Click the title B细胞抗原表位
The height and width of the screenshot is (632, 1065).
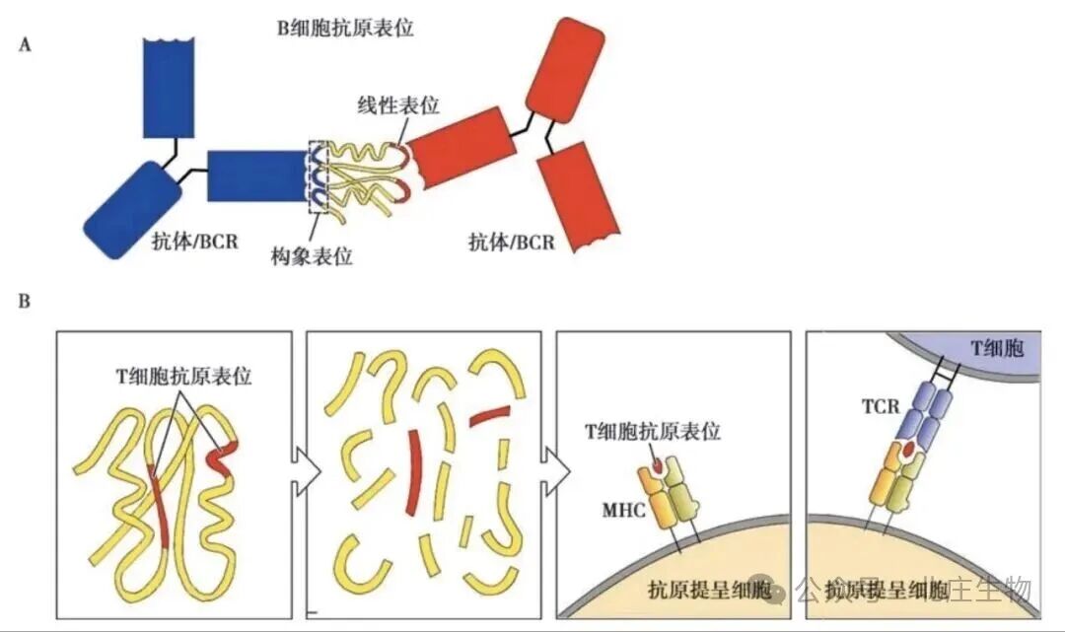344,28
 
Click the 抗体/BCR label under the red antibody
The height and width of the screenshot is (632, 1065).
512,241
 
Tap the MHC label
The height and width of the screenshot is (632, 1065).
623,512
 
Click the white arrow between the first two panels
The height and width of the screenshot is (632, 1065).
306,470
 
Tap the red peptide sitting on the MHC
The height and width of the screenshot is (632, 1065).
658,460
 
